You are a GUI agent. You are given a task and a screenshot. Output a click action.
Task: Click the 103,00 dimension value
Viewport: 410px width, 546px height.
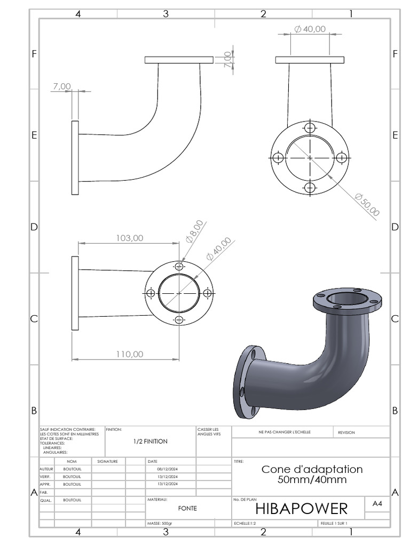[129, 238]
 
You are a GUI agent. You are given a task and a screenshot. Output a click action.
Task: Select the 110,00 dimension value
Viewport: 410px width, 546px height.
[129, 354]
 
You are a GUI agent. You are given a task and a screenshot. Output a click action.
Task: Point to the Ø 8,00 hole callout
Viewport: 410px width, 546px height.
[194, 231]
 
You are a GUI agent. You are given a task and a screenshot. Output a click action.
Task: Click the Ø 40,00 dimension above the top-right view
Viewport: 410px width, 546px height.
[310, 29]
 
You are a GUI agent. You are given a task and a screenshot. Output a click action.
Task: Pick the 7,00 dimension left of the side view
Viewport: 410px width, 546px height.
[62, 86]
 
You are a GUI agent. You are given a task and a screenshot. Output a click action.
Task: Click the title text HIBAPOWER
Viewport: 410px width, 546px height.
[302, 509]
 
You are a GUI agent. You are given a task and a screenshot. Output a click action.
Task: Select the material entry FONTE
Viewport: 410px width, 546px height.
[187, 508]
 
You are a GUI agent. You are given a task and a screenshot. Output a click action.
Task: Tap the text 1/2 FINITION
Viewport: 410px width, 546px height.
[150, 441]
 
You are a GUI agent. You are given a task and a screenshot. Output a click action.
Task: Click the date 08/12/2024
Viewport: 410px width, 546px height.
[167, 469]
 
